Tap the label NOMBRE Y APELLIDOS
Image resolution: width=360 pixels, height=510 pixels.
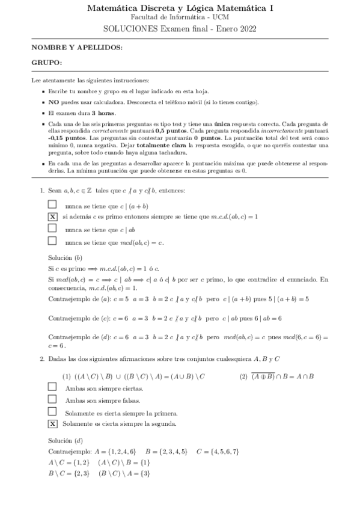point(77,47)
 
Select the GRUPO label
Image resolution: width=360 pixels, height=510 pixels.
point(46,63)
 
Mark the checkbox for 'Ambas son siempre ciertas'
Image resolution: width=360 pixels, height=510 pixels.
point(52,389)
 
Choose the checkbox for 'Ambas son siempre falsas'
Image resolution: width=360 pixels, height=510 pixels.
point(52,401)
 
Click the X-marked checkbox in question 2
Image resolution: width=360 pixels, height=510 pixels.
point(52,424)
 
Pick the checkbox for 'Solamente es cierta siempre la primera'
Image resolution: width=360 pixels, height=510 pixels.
point(52,412)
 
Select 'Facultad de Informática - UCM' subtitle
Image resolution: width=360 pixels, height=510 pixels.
point(180,18)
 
